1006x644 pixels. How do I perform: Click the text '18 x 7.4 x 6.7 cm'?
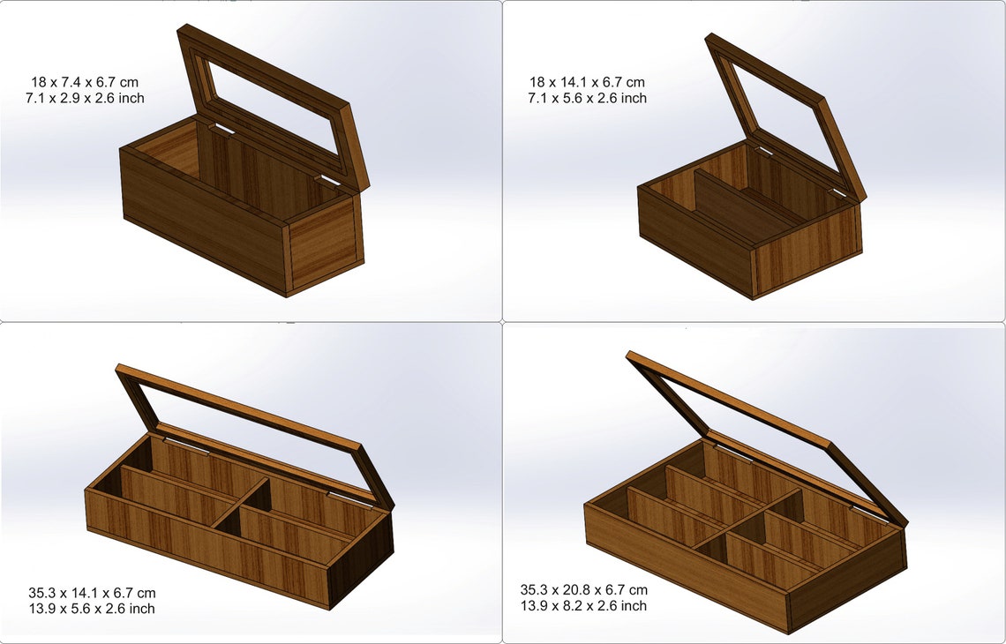point(85,82)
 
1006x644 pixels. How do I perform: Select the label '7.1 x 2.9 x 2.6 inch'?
point(85,98)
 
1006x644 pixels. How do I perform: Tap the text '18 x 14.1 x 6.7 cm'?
point(586,82)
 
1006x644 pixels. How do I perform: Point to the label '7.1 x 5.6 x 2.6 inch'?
point(587,98)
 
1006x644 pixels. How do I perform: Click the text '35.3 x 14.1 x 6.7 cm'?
point(92,593)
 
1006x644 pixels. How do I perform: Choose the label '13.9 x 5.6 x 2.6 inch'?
point(92,609)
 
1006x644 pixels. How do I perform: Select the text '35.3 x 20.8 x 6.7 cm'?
point(583,589)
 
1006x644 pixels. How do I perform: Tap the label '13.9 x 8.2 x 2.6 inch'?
point(583,605)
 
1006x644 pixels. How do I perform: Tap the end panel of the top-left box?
point(323,243)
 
